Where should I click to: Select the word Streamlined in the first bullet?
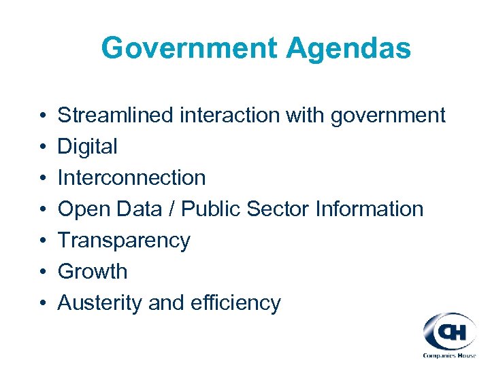click(116, 116)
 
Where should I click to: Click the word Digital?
click(87, 147)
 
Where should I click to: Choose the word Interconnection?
click(131, 177)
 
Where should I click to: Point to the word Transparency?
click(124, 241)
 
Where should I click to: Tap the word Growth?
click(93, 271)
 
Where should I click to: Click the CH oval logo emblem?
click(449, 332)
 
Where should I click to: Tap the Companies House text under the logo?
click(449, 355)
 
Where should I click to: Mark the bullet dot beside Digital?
click(42, 147)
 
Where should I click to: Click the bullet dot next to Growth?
click(42, 272)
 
